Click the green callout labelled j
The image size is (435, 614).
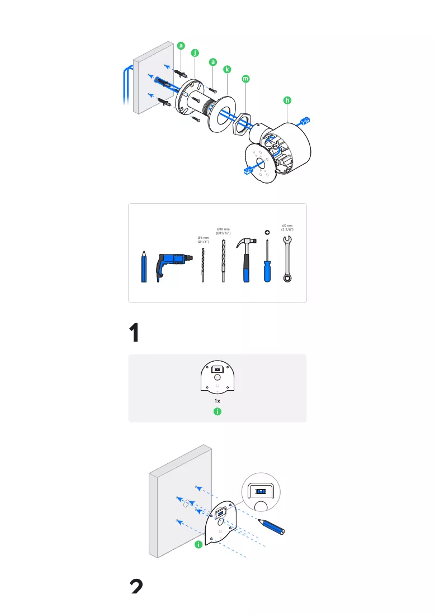tap(195, 53)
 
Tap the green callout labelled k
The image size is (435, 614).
tap(227, 69)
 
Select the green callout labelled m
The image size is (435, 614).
tap(245, 79)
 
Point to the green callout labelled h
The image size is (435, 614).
tap(287, 100)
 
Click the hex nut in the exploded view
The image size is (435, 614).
tap(240, 124)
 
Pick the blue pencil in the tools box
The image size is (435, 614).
tap(144, 267)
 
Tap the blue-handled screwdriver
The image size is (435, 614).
tap(267, 261)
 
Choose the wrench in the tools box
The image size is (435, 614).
tap(287, 259)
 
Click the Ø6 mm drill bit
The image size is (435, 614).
tap(203, 265)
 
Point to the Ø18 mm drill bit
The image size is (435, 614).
tap(224, 261)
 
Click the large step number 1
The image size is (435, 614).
tap(134, 333)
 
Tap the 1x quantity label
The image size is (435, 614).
tap(217, 401)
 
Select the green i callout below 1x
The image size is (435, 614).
tap(217, 411)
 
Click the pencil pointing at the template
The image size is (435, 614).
tap(271, 526)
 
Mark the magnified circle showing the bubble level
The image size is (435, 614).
tap(261, 492)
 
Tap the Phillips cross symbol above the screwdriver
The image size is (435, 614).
tap(267, 233)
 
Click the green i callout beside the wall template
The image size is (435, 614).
tap(199, 544)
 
